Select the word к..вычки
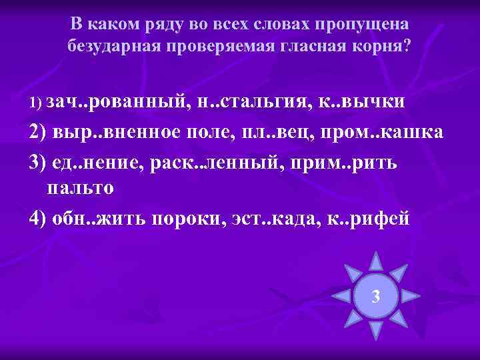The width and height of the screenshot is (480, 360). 367,101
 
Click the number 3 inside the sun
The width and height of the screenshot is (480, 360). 376,296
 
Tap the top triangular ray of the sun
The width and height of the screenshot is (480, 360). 376,261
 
